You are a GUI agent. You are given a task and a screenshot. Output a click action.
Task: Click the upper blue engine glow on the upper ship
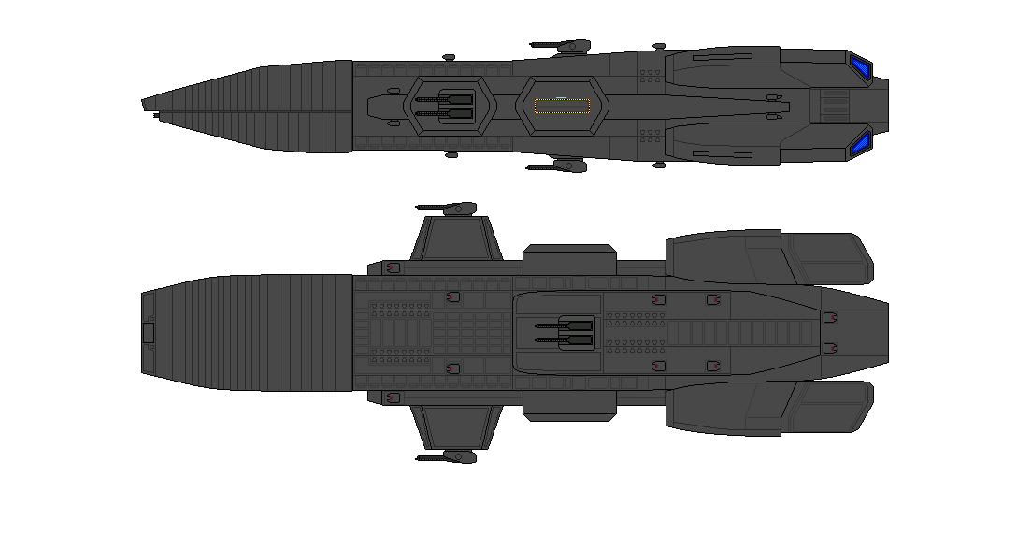click(860, 66)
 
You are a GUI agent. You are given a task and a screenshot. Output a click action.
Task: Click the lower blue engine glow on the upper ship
click(860, 142)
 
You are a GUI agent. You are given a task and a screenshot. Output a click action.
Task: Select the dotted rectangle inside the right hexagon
click(561, 106)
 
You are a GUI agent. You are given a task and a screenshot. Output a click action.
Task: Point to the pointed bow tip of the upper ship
click(145, 102)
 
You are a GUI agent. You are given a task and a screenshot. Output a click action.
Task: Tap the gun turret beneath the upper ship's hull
click(563, 166)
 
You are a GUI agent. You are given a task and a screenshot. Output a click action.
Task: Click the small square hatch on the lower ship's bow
click(148, 332)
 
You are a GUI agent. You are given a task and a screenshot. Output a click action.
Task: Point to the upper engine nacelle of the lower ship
click(766, 257)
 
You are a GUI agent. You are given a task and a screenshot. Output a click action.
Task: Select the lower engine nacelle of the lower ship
click(766, 408)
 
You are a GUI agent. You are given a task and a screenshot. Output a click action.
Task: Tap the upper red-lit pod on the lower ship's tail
click(829, 319)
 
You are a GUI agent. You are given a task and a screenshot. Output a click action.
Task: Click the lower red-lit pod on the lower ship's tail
click(829, 348)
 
